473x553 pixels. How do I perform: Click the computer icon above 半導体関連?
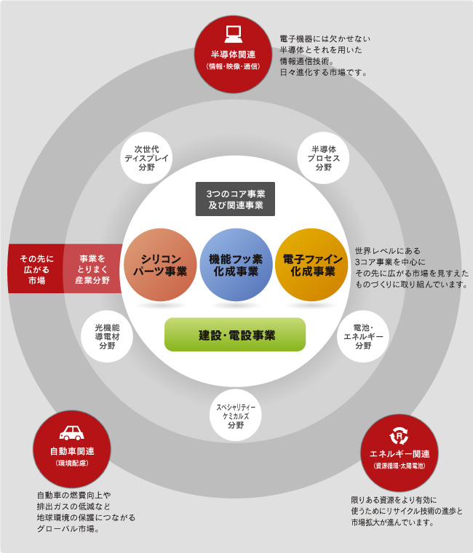click(x=233, y=34)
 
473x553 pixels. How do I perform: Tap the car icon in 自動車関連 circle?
click(x=72, y=433)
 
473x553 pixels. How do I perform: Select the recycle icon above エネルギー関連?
click(x=399, y=436)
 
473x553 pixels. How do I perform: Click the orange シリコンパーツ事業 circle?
click(x=160, y=265)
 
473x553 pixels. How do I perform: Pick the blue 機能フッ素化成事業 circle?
click(x=236, y=265)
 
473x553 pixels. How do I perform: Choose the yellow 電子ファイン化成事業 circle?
click(x=311, y=265)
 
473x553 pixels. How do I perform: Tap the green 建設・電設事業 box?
click(x=235, y=335)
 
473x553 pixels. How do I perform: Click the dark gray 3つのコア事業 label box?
click(x=235, y=199)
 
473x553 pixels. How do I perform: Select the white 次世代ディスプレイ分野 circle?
click(x=146, y=158)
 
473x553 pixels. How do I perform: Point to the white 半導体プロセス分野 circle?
click(x=323, y=158)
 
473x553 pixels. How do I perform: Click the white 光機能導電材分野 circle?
click(x=107, y=336)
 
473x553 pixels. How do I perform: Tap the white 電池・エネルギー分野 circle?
click(x=363, y=336)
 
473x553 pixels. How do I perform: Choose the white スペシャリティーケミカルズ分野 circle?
click(x=236, y=415)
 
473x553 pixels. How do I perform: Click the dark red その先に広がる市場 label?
click(x=36, y=268)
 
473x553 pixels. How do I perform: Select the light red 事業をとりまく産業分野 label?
click(x=92, y=268)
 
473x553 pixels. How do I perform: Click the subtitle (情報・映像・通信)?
click(x=233, y=66)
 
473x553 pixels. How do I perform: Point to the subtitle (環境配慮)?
click(x=72, y=463)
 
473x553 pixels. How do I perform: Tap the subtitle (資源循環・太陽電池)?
click(x=400, y=466)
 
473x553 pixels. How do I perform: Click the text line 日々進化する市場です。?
click(x=324, y=73)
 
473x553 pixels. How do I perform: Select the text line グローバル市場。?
click(x=68, y=529)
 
